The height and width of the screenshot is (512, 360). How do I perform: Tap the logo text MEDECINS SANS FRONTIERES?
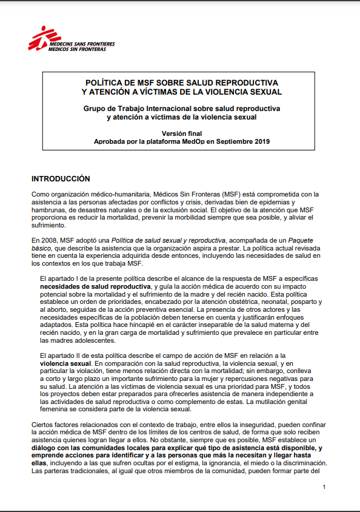pyautogui.click(x=81, y=44)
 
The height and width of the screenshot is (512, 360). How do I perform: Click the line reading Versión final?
pyautogui.click(x=181, y=133)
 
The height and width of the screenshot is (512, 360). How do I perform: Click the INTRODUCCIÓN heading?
pyautogui.click(x=61, y=179)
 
